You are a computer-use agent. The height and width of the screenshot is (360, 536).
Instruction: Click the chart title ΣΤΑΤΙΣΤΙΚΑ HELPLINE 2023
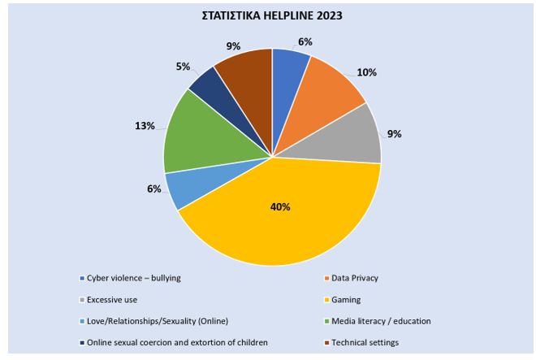(x=272, y=15)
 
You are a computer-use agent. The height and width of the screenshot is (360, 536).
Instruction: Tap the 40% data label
(x=280, y=207)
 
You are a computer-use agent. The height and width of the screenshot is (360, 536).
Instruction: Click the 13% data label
(x=145, y=126)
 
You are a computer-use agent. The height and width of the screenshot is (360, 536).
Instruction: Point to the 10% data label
(x=367, y=72)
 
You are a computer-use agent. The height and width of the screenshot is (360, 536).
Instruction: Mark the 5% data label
(x=183, y=67)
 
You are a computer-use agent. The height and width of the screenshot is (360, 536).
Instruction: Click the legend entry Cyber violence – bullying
(x=130, y=278)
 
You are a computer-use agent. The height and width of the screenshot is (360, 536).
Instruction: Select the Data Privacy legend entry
(x=351, y=278)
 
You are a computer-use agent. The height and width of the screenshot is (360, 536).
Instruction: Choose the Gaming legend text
(x=346, y=300)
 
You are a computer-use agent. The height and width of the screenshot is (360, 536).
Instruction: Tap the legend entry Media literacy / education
(x=378, y=321)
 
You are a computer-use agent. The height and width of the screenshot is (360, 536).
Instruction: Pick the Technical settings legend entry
(x=361, y=343)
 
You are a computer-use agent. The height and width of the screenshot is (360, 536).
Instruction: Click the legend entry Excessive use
(x=108, y=300)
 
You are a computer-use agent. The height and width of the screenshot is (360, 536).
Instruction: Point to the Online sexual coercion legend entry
(x=174, y=343)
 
